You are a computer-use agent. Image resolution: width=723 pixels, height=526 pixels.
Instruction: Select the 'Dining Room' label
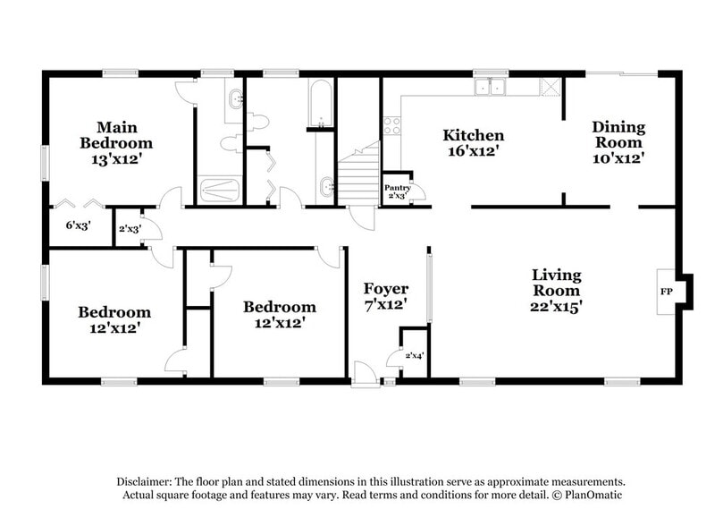click(x=618, y=135)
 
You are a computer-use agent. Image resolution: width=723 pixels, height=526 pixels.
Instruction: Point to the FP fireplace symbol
click(x=665, y=293)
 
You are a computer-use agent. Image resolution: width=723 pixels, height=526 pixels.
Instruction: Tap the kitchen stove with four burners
click(x=391, y=126)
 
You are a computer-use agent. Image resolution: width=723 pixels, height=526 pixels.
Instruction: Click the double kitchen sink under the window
click(x=490, y=87)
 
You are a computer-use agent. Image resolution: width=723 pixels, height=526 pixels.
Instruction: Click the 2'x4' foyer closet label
click(x=414, y=356)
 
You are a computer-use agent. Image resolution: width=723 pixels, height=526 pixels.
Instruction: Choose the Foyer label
click(x=385, y=289)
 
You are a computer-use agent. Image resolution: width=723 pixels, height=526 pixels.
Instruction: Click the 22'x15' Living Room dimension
click(x=556, y=306)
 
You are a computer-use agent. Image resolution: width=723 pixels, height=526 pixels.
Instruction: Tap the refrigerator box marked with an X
click(x=551, y=86)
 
